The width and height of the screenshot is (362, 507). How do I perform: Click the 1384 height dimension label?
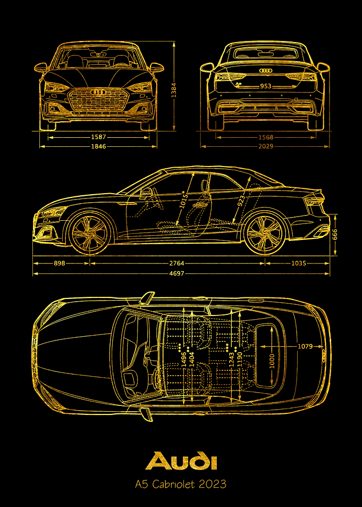pos(173,87)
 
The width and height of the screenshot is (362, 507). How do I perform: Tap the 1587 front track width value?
pos(98,137)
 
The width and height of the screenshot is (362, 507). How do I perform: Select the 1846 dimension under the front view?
pos(98,146)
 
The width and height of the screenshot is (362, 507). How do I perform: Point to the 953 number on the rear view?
pos(265,86)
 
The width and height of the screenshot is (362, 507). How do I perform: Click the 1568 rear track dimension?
pos(266,137)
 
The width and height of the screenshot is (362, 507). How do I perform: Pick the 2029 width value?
pos(266,146)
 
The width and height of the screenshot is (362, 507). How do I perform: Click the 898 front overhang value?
pos(59,263)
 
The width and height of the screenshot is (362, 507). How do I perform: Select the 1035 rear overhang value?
pos(298,263)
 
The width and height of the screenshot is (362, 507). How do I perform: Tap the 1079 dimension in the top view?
pos(305,346)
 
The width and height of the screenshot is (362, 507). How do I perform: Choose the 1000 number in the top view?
pos(272,361)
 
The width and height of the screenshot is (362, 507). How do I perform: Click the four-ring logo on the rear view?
pos(266,70)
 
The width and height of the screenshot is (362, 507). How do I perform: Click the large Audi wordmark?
pos(181,461)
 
